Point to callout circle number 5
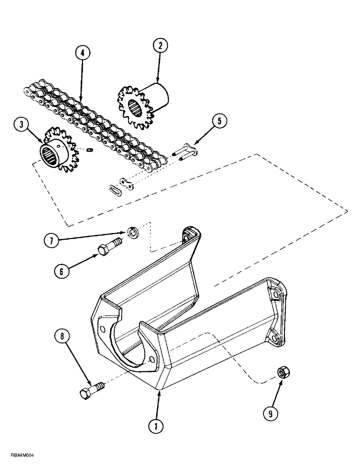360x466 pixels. [220, 121]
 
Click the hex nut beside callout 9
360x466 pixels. [282, 372]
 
